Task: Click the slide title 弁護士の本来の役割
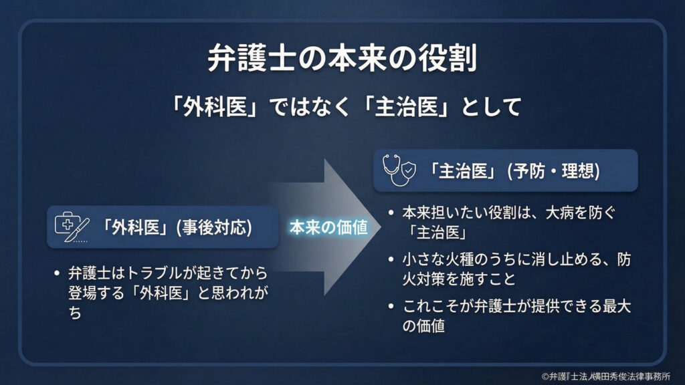(342, 59)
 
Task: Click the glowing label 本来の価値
(328, 227)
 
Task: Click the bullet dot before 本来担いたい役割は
(391, 214)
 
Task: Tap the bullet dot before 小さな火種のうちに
(391, 259)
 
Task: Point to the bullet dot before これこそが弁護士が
(391, 307)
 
